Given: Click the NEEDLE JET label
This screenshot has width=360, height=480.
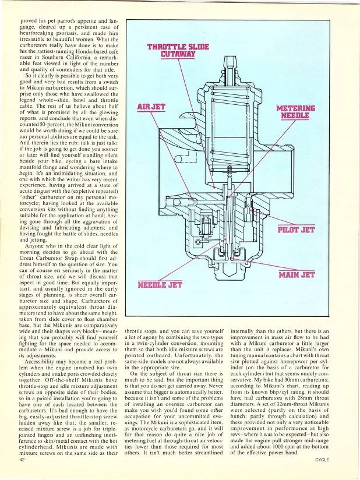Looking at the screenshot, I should tap(161, 285).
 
